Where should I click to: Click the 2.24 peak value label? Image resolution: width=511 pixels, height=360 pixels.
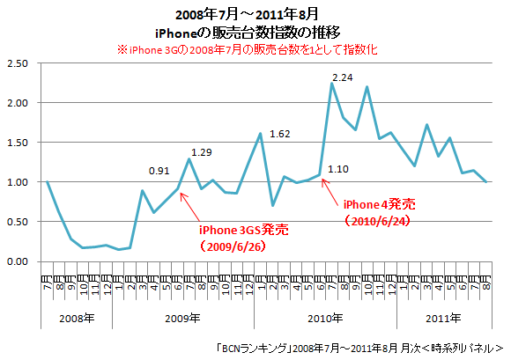(342, 77)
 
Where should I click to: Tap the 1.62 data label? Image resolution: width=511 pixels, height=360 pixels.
(280, 135)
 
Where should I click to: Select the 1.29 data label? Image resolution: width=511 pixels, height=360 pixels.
(203, 152)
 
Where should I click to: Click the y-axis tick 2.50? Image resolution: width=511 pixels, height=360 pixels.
(19, 63)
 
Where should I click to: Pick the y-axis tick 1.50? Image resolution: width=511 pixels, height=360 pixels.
(19, 143)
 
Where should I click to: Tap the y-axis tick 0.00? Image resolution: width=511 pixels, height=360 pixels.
(19, 261)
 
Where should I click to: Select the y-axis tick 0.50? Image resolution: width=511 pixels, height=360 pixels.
(19, 222)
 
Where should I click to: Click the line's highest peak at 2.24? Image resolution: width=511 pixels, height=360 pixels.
(331, 83)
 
